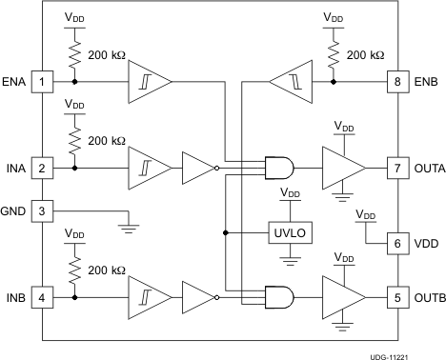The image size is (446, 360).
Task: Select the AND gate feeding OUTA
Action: pos(279,168)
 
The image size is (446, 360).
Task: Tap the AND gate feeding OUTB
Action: pos(279,296)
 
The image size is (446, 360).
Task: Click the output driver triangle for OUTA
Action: pos(342,168)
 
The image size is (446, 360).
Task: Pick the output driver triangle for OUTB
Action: pos(342,296)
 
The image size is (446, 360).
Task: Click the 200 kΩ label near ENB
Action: pos(365,54)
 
